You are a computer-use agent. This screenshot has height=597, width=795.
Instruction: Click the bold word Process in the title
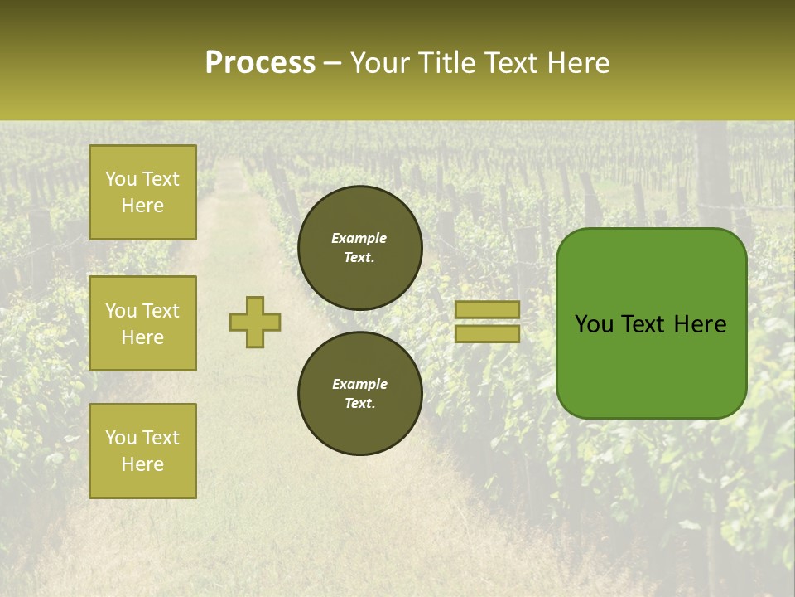(260, 63)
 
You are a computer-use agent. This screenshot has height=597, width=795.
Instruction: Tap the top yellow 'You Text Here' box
(142, 192)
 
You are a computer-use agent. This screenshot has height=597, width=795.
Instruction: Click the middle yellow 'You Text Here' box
(142, 323)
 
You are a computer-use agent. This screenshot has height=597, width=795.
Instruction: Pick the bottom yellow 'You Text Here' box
(142, 450)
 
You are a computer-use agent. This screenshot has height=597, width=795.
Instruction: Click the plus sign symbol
(255, 322)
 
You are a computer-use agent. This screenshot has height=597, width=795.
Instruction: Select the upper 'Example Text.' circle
(359, 248)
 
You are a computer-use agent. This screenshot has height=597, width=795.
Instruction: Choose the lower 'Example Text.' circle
(359, 393)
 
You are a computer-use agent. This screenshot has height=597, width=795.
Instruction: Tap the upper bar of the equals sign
(487, 309)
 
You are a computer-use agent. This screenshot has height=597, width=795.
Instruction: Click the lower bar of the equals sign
(487, 333)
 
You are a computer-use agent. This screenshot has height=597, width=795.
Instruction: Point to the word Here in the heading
(577, 63)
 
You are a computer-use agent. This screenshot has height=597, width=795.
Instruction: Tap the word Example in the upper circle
(359, 238)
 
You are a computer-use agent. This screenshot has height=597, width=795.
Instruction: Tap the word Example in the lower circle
(359, 384)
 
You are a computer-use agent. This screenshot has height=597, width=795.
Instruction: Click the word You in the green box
(593, 324)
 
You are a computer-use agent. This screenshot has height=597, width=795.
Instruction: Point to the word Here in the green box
(700, 324)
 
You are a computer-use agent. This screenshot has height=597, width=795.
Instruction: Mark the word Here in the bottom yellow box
(142, 464)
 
